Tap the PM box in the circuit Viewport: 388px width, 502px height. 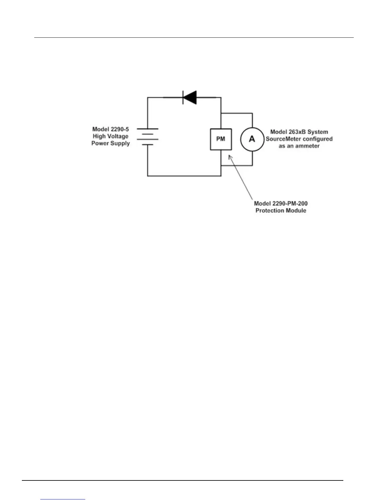(x=221, y=139)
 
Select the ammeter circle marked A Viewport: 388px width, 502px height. (x=252, y=139)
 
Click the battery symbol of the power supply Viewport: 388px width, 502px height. (x=147, y=137)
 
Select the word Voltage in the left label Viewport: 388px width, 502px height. (x=118, y=136)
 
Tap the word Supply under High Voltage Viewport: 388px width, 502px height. (x=121, y=143)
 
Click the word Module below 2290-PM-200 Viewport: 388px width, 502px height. (x=296, y=210)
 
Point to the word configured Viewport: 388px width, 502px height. (x=317, y=139)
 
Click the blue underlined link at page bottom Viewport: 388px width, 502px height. (x=63, y=499)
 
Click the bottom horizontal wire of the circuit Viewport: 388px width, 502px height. (x=184, y=176)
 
